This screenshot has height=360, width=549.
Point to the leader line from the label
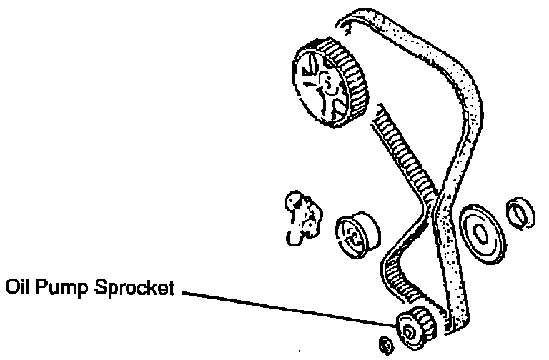tap(286, 308)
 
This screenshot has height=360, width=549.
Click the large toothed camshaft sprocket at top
tap(329, 82)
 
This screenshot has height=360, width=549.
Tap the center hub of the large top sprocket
tap(324, 84)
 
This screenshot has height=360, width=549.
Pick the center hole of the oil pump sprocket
tap(408, 331)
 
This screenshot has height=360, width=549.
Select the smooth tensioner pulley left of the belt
tap(357, 232)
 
